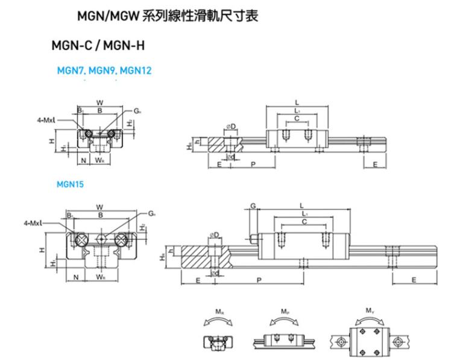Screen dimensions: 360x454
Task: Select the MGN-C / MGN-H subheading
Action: click(x=99, y=46)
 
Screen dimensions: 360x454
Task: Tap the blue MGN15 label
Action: click(x=70, y=185)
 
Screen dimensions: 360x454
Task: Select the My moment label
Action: click(x=369, y=312)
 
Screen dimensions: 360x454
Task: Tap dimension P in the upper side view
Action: click(x=253, y=163)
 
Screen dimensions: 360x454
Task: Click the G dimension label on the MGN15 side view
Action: click(x=253, y=206)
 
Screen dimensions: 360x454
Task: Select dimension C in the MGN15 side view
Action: click(x=305, y=223)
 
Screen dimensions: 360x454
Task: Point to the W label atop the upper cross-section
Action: click(x=99, y=102)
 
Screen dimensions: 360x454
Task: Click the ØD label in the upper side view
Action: click(x=231, y=126)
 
